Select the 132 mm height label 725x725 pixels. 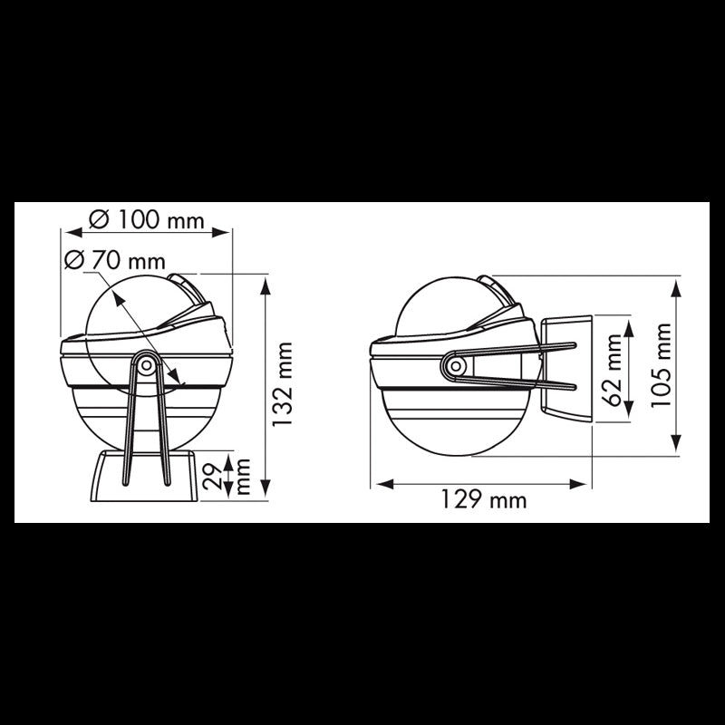coord(286,384)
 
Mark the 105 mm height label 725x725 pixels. coord(663,365)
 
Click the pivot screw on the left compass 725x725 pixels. coord(146,364)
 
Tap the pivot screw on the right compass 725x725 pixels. coord(455,366)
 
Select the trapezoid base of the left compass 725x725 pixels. coord(146,478)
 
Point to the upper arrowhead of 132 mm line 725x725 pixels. coord(265,284)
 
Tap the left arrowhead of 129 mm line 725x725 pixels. coord(381,483)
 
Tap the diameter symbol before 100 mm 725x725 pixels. coord(101,220)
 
